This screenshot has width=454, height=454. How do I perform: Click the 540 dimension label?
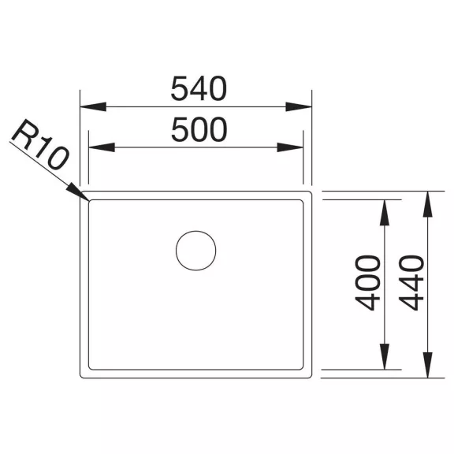point(199,88)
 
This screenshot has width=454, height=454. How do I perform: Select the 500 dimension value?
point(199,129)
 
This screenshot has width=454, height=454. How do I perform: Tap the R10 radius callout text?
point(40,144)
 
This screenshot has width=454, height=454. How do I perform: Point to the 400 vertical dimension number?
point(368,283)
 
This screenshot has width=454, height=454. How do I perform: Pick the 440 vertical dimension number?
point(411,283)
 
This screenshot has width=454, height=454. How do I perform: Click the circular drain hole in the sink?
point(196,251)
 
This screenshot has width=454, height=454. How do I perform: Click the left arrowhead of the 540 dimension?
point(93,107)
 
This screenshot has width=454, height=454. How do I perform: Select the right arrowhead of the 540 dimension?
point(299,107)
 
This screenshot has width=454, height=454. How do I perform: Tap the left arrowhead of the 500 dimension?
point(102,147)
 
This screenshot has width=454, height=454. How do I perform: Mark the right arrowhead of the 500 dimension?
point(290,147)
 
